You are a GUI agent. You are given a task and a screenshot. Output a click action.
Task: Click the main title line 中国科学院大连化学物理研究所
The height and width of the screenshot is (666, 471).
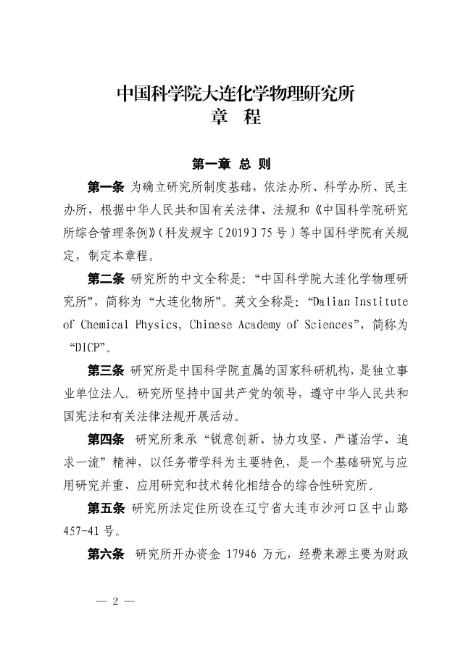(236, 93)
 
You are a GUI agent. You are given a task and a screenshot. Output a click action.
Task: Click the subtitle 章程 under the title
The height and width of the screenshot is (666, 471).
(236, 117)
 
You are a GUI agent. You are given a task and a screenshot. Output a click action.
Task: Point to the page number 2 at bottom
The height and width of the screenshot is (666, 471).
(114, 601)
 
